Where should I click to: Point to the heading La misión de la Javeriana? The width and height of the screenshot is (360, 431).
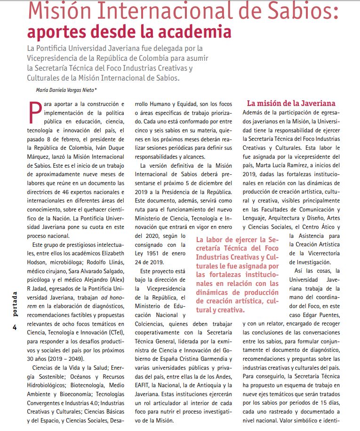coord(291,103)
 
